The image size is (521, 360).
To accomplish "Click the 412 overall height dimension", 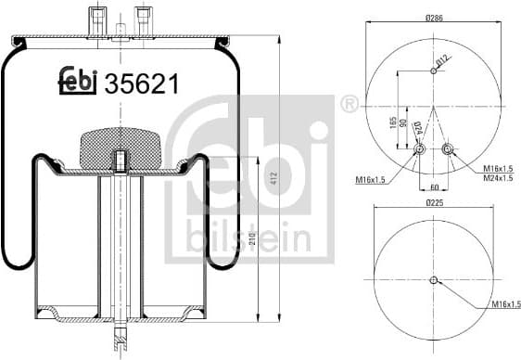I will (x=274, y=178).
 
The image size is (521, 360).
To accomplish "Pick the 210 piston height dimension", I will (x=252, y=239).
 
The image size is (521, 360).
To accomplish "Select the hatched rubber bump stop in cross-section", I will (x=121, y=143).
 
